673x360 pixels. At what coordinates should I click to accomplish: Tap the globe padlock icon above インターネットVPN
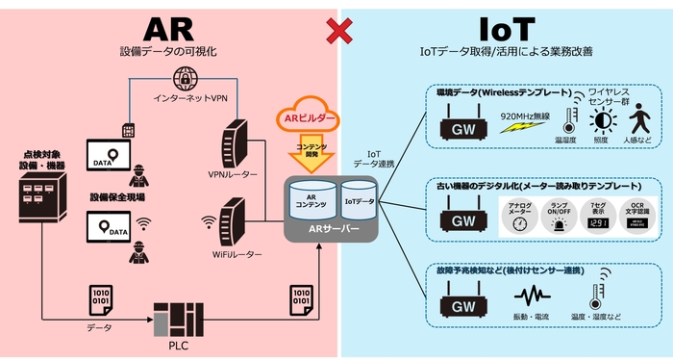[x=185, y=78]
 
